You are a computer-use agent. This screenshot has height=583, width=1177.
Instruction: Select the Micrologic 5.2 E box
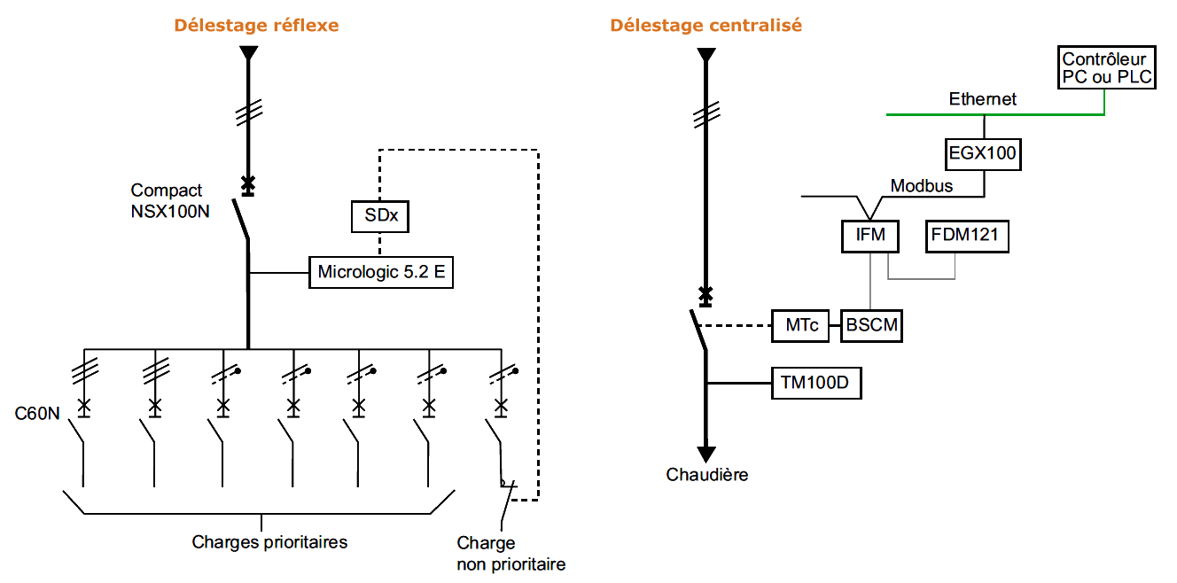coord(381,272)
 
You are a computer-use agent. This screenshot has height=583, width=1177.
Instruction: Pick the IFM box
coord(870,237)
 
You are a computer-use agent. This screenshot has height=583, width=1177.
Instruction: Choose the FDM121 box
coord(968,237)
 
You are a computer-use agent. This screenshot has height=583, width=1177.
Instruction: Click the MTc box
coord(799,325)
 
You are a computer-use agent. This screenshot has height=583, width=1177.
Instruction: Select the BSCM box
coord(872,325)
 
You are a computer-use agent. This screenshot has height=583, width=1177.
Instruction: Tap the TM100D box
coord(815,385)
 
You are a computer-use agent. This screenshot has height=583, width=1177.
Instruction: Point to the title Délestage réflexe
coord(256,26)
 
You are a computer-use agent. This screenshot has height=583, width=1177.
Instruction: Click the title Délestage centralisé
coord(705,26)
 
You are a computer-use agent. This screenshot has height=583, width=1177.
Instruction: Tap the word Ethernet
coord(982,99)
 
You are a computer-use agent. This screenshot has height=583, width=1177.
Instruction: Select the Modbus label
coord(922,186)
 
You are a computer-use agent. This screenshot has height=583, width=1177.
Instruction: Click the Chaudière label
coord(706,475)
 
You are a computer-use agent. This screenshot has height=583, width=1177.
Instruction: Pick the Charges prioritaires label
coord(269,542)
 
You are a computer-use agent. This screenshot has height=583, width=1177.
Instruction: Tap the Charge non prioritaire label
coord(511,554)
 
